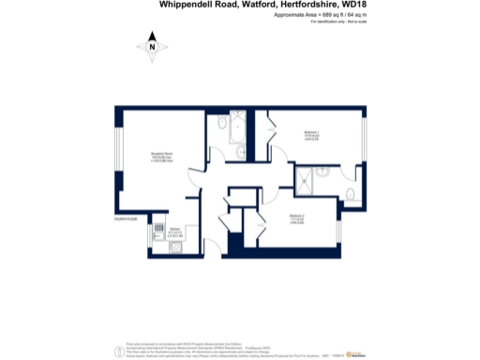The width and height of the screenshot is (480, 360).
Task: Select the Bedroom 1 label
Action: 310,133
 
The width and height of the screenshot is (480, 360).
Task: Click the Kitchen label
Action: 174,229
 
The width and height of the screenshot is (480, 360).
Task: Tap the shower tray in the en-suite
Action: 308,182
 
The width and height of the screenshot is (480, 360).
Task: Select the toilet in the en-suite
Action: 348,194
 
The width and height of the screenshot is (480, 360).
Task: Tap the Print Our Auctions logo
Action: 357,353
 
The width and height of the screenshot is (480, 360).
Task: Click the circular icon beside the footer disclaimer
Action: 118,352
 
